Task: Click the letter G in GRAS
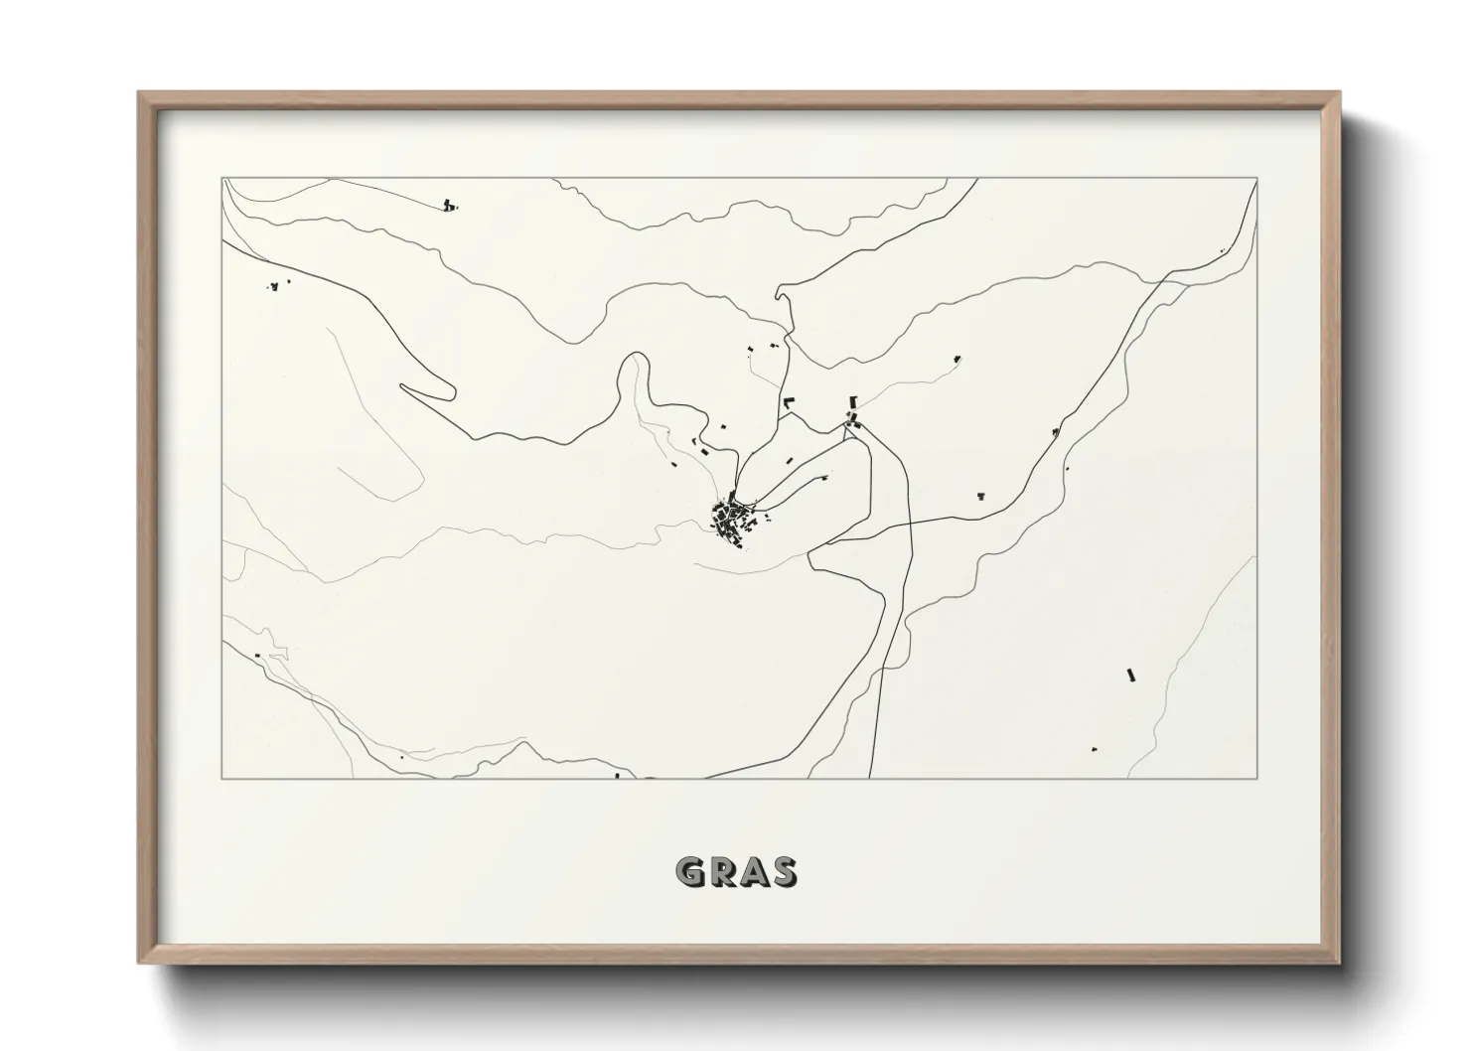[x=691, y=872]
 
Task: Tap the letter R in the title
[x=723, y=872]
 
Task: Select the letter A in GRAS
[x=754, y=872]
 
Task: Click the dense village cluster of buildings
[x=732, y=519]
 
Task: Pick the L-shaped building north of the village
[x=790, y=402]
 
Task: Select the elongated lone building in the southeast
[x=1130, y=675]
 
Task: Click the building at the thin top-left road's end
[x=449, y=206]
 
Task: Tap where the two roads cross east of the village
[x=910, y=522]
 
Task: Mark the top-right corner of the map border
[x=1257, y=179]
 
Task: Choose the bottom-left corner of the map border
[x=222, y=778]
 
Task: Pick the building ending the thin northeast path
[x=957, y=358]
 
